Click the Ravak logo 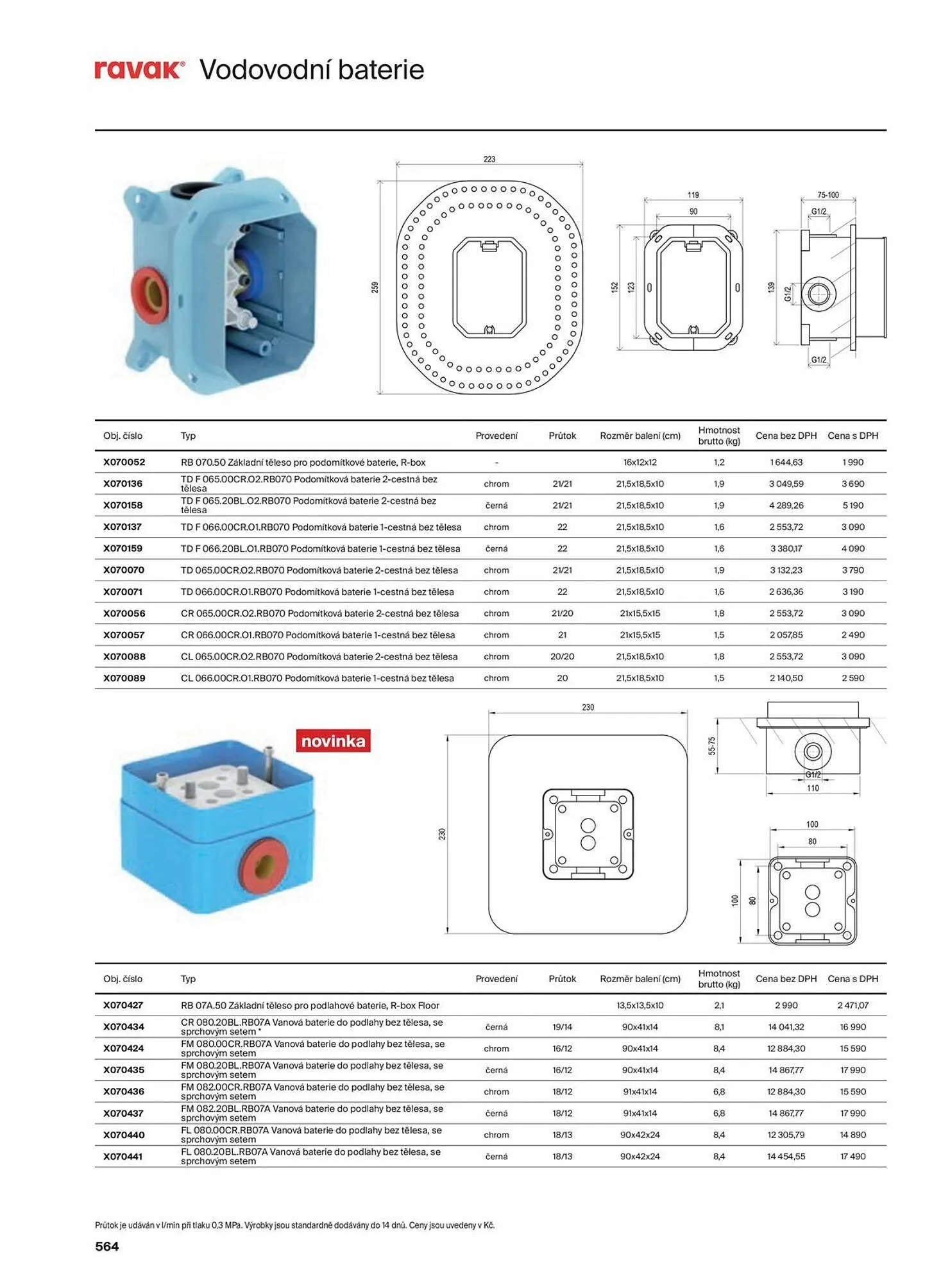(x=139, y=69)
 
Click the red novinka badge (x=333, y=741)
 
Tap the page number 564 (x=107, y=1246)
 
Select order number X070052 (x=124, y=462)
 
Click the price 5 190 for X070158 (x=852, y=506)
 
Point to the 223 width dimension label (x=489, y=159)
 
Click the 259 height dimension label (x=375, y=287)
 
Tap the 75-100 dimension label (x=827, y=195)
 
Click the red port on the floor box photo (x=264, y=866)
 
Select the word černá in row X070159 (x=496, y=548)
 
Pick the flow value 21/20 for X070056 (x=562, y=613)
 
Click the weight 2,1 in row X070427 (x=719, y=1005)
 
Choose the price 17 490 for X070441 (x=852, y=1156)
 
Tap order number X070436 (x=124, y=1091)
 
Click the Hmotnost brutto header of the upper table (x=719, y=436)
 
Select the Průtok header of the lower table (x=562, y=979)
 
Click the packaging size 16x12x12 (x=640, y=462)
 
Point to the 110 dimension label (x=813, y=788)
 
